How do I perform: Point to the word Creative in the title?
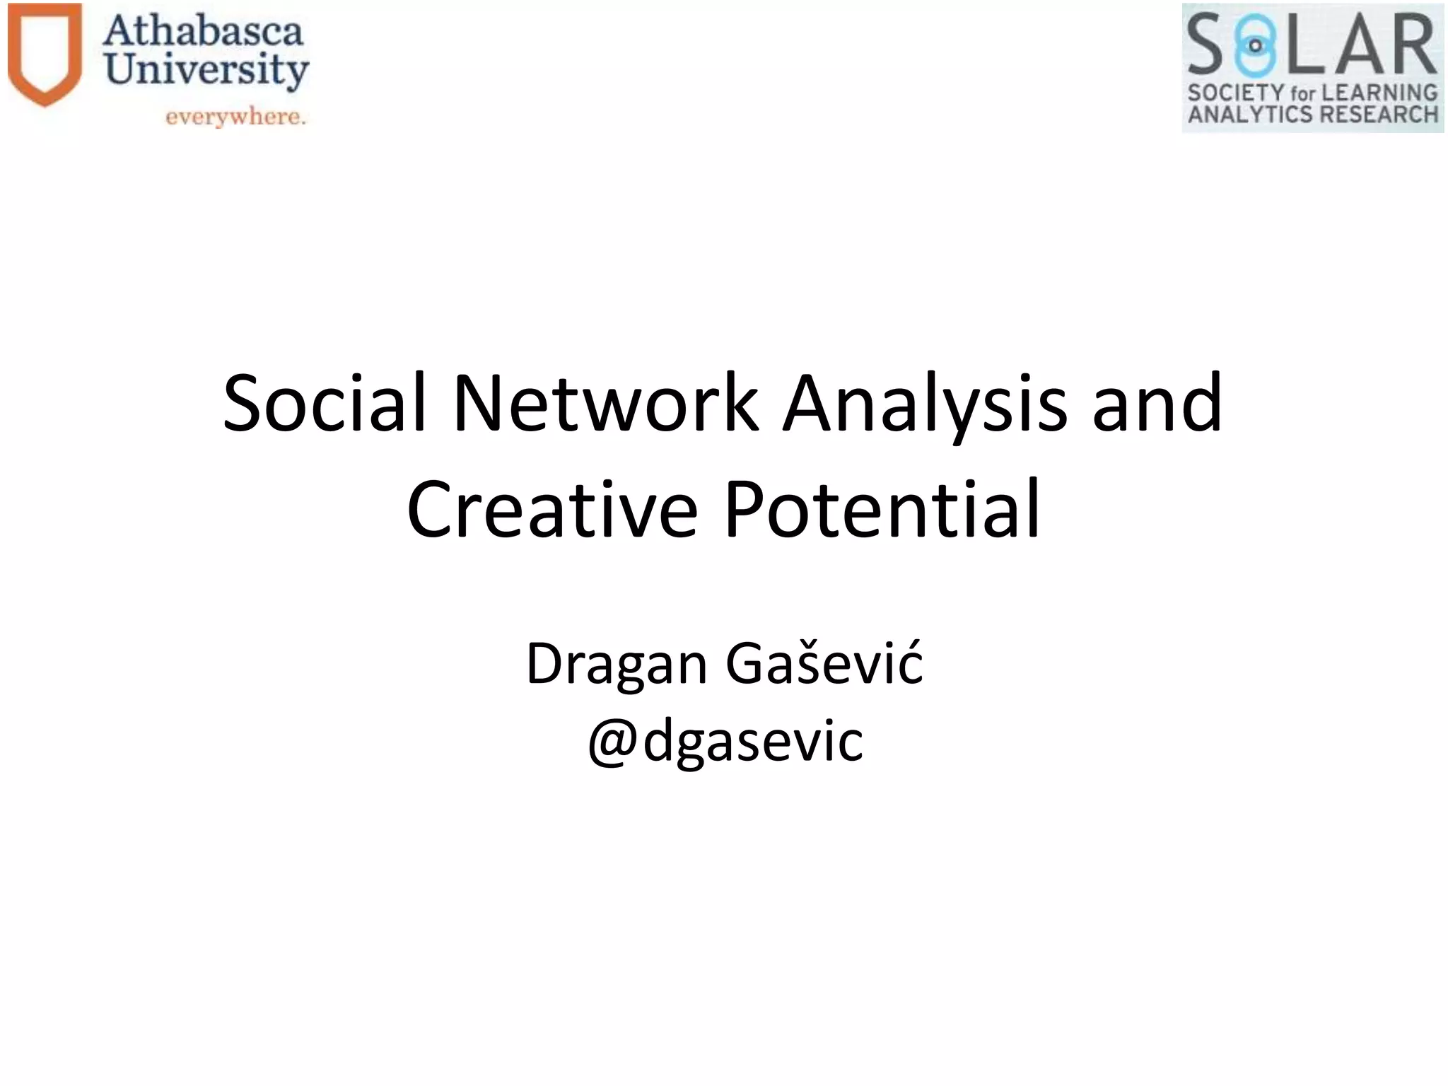click(x=552, y=509)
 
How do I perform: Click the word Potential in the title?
click(x=882, y=509)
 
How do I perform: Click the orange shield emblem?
click(x=45, y=53)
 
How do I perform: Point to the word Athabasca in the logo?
click(x=203, y=32)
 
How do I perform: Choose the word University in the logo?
click(x=206, y=71)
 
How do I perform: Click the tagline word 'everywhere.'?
click(x=235, y=117)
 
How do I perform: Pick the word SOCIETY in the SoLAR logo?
click(x=1235, y=93)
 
